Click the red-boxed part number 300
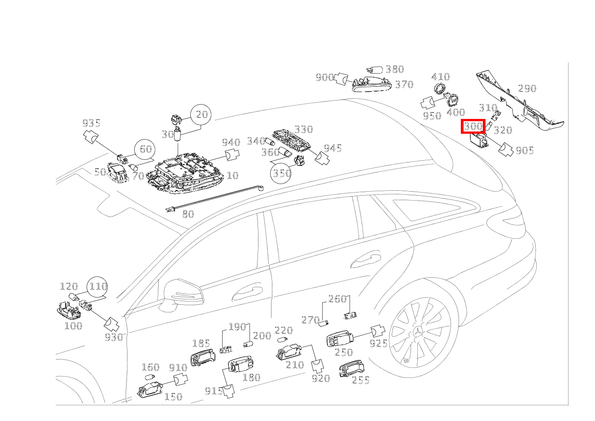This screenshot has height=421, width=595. point(473,126)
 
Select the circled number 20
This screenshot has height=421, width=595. point(201,114)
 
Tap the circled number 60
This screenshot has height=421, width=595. point(145,149)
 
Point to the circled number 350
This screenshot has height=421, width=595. point(280,173)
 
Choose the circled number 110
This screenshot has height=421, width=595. point(97,287)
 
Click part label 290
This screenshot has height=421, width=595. point(527,88)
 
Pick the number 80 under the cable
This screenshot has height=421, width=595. point(188,214)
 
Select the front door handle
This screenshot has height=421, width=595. point(247,294)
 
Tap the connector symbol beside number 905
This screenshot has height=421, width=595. point(506,150)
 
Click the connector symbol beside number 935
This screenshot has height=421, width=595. point(91,136)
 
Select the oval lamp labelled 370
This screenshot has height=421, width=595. point(372,84)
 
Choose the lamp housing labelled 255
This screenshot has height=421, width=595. point(352,368)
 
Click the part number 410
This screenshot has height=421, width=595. point(441,77)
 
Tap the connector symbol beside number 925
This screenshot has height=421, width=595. point(378,331)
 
